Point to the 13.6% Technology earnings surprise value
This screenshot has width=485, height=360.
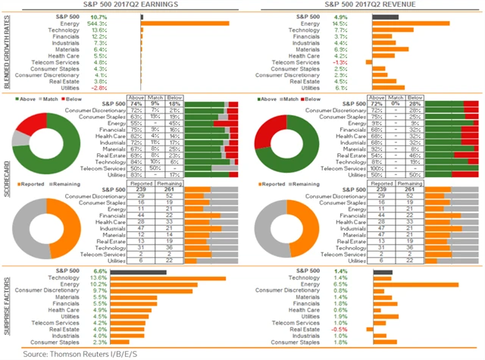(x=99, y=278)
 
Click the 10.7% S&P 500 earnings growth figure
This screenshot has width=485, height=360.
(x=99, y=15)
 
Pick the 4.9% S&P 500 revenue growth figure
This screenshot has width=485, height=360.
(x=339, y=15)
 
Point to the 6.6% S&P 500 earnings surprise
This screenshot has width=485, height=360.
(x=99, y=271)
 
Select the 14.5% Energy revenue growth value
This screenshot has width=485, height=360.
(x=339, y=23)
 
